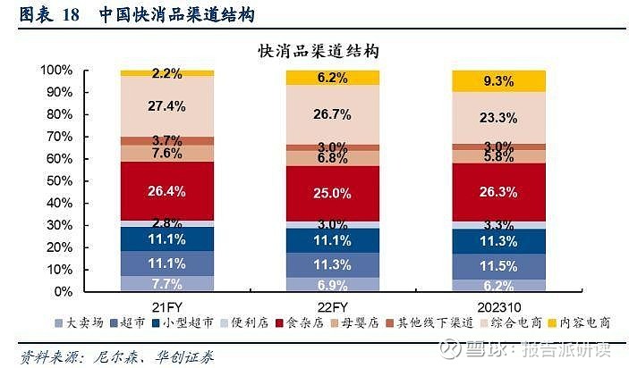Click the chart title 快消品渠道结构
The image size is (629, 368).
(x=318, y=51)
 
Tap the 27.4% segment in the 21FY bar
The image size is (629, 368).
(x=167, y=106)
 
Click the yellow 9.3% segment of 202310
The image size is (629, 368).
(x=497, y=81)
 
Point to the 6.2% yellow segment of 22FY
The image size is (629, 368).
(x=333, y=78)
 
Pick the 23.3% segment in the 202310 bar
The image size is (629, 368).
(x=497, y=117)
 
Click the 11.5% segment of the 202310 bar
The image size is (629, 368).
(x=497, y=266)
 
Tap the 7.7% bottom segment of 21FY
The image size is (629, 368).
(x=167, y=283)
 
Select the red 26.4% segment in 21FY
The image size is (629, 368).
(x=167, y=190)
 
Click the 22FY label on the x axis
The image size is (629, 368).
(x=333, y=306)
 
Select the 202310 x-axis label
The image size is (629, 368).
(x=497, y=306)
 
